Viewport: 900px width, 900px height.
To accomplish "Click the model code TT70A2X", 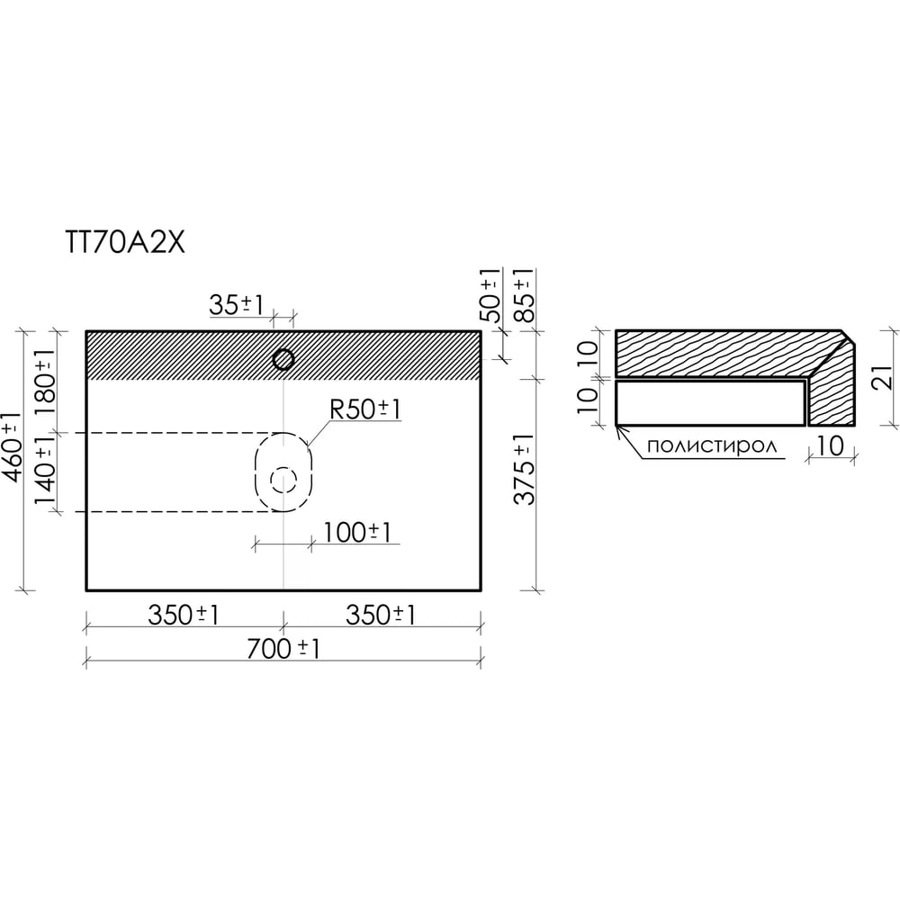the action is tap(126, 243).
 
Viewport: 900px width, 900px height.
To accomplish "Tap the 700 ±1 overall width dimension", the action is tap(283, 649).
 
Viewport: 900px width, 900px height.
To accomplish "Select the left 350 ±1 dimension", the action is tap(184, 616).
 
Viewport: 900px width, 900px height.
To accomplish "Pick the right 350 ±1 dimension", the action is tap(381, 616).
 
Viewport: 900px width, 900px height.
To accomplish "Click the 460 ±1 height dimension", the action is tap(13, 446).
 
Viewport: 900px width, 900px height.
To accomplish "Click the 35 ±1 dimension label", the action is tap(237, 305).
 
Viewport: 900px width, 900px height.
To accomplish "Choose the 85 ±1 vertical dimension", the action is tap(524, 295).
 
